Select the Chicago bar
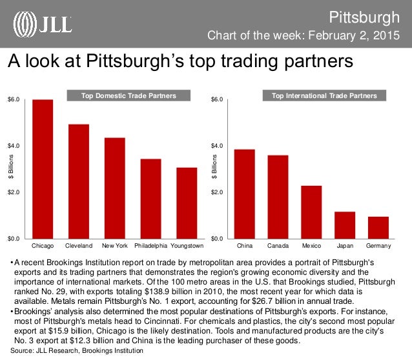pos(43,169)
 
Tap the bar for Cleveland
pos(79,181)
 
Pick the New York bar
pos(115,188)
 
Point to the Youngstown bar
pos(187,203)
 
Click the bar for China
pos(245,194)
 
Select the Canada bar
pos(278,197)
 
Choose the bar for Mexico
pos(311,212)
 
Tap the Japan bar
pos(345,225)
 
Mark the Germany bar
pos(378,227)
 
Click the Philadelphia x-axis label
pos(151,246)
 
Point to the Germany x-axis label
pos(378,246)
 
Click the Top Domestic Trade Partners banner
pos(130,96)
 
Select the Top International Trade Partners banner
pos(329,96)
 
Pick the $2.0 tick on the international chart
pos(217,192)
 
